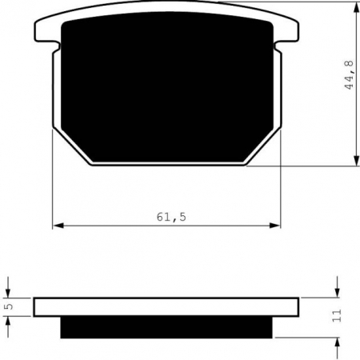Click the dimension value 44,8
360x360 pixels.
[x=349, y=73]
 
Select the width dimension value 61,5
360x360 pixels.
[x=169, y=217]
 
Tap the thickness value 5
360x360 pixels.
[x=8, y=306]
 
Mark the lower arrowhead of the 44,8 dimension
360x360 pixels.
[x=355, y=161]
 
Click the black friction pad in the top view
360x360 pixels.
[x=168, y=88]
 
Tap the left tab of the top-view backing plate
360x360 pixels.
[x=48, y=32]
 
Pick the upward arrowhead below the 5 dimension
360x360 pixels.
[x=8, y=320]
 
